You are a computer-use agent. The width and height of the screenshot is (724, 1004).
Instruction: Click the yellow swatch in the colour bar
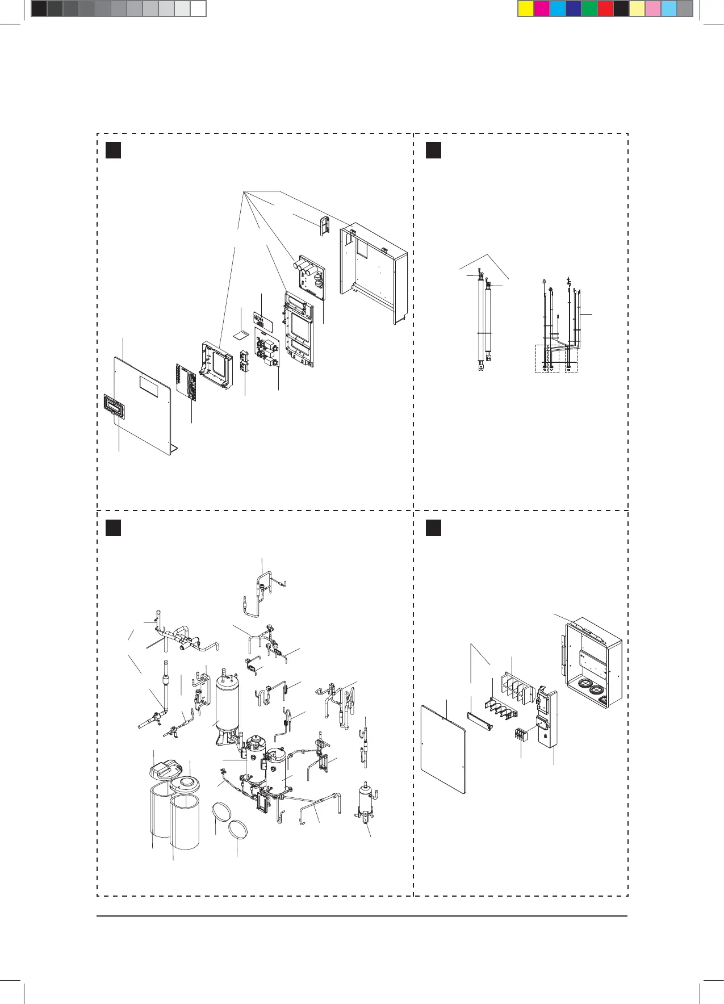(526, 9)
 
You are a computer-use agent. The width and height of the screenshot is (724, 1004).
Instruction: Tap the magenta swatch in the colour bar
(542, 9)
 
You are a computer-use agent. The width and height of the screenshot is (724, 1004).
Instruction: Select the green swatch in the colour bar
(589, 9)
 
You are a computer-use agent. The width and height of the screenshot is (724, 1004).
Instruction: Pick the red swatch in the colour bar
(605, 9)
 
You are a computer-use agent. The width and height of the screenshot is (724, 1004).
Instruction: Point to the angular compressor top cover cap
(164, 770)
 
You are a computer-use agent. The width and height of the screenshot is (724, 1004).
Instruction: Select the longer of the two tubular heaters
(480, 324)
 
